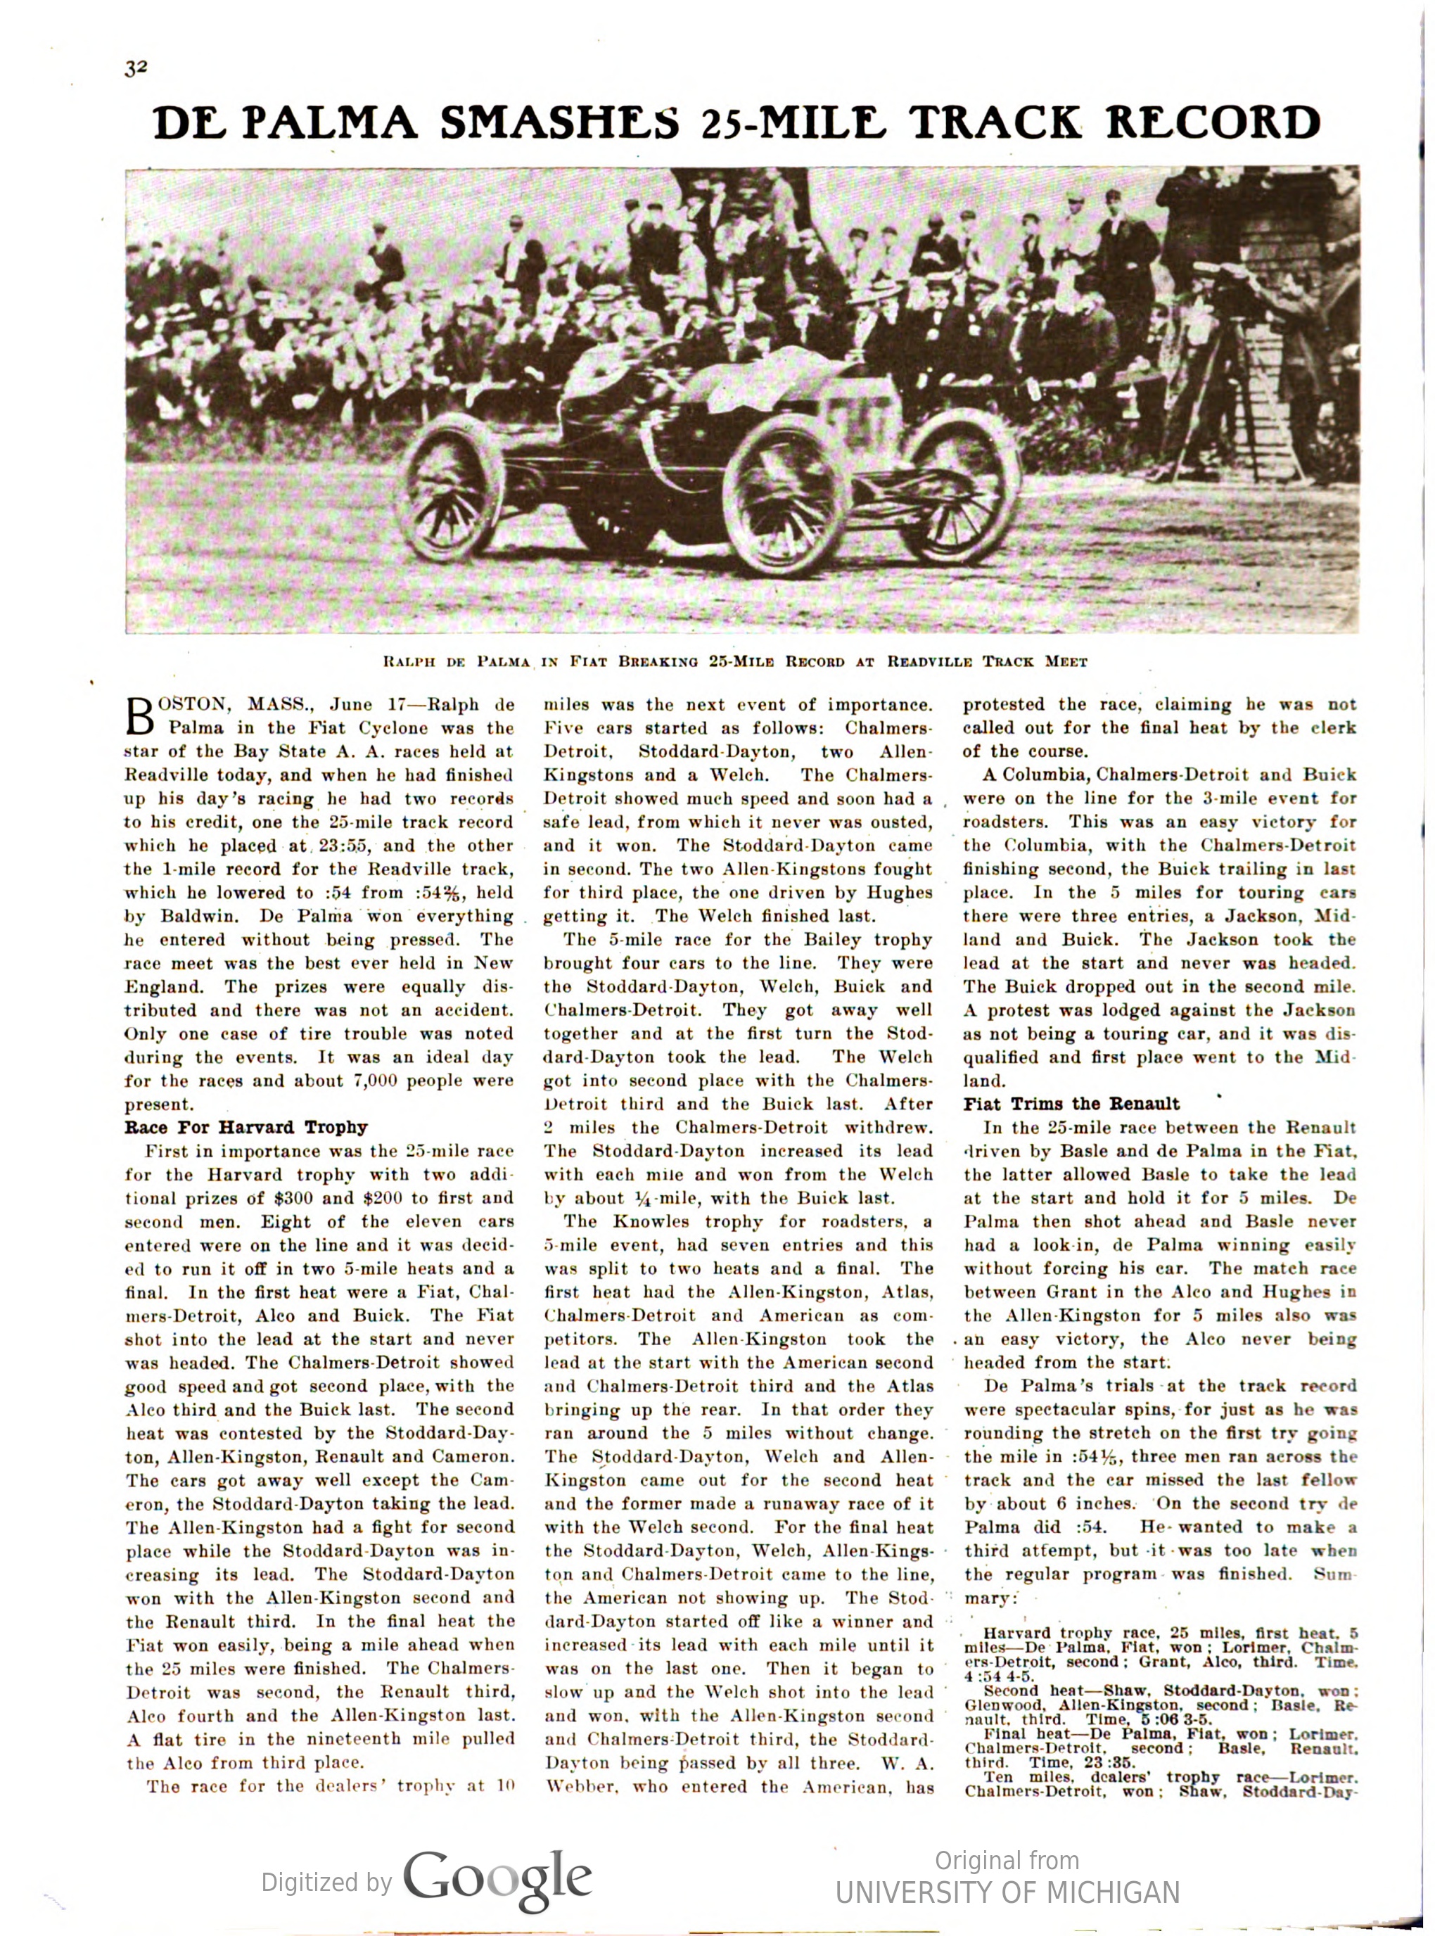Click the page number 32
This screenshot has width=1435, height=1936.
click(x=136, y=69)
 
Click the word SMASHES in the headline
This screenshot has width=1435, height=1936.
click(x=559, y=123)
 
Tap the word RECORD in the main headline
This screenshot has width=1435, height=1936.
click(x=1213, y=123)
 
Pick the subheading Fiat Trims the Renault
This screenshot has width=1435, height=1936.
click(x=1071, y=1104)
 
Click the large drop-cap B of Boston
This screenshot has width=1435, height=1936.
click(x=139, y=715)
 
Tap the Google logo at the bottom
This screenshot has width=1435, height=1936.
click(x=497, y=1880)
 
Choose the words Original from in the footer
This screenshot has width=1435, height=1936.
click(x=1007, y=1861)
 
